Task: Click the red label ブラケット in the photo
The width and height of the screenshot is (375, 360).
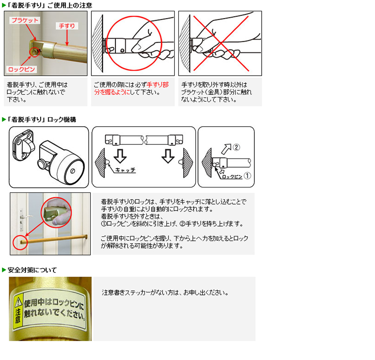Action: (25, 20)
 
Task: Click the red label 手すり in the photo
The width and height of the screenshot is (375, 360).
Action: (67, 26)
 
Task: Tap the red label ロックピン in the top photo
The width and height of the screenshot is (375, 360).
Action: (22, 69)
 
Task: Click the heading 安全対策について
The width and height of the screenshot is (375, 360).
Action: (32, 270)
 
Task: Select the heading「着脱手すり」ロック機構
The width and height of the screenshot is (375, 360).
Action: (42, 119)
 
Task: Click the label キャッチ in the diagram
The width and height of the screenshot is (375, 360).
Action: (125, 170)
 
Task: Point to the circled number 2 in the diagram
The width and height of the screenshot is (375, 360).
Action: (236, 147)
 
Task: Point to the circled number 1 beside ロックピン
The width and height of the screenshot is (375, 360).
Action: (247, 176)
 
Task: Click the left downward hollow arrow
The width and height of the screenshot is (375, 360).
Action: (120, 156)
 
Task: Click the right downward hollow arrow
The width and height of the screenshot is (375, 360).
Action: (168, 156)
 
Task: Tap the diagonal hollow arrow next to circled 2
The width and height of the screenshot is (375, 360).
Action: (226, 149)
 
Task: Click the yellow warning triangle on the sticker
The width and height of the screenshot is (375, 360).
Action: (19, 302)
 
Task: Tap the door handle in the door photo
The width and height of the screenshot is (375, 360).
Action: (26, 217)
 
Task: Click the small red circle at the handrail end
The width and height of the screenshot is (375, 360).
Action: (20, 242)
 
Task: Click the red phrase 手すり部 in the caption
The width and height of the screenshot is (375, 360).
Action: (158, 84)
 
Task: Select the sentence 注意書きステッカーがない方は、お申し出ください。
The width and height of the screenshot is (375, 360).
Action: (165, 292)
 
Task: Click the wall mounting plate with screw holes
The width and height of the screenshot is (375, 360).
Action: (23, 145)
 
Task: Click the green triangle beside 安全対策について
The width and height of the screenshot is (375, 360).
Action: (4, 270)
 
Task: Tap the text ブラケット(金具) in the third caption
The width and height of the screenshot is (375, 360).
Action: (202, 92)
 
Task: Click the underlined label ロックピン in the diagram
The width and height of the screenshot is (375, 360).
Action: (232, 177)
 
